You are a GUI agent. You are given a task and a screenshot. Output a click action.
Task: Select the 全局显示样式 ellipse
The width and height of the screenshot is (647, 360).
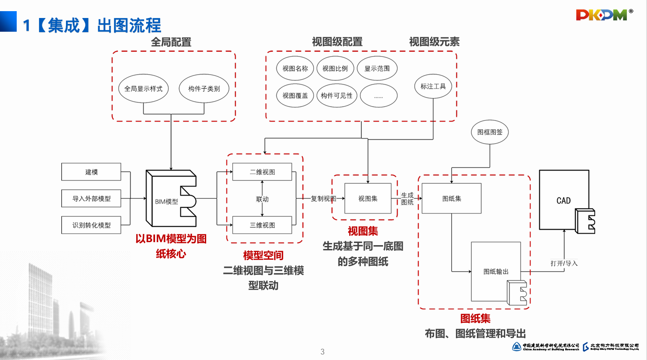tap(144, 89)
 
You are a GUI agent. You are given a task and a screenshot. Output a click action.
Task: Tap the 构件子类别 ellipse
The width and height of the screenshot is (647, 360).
tap(204, 89)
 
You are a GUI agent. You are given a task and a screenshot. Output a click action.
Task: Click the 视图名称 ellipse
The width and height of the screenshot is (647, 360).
tap(295, 69)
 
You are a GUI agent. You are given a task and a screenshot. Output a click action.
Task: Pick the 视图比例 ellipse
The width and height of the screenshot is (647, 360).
tap(335, 69)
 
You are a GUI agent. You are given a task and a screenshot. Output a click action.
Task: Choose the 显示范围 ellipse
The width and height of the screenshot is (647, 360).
tap(377, 69)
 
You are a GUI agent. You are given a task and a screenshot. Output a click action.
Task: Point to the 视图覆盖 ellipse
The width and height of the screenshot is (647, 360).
tap(295, 96)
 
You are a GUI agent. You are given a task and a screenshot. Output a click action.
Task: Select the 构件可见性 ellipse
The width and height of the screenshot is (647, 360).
tap(337, 96)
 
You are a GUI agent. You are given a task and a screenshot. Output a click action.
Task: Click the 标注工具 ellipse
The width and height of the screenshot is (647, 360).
tap(433, 86)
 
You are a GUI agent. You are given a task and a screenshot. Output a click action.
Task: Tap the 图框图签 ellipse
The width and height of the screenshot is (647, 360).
tap(490, 132)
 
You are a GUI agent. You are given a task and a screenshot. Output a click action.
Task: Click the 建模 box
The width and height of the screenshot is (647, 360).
tap(91, 172)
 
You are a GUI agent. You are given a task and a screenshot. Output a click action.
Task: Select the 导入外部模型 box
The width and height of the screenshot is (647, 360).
tap(91, 198)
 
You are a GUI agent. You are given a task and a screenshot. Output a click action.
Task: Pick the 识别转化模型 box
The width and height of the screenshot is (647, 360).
tap(91, 225)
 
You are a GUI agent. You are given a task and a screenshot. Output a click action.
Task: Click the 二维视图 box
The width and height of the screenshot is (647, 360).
tap(262, 172)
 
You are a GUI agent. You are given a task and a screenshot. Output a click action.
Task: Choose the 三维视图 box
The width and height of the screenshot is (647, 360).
tap(262, 225)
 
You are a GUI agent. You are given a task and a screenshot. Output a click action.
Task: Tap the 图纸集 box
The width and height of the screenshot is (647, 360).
tap(452, 198)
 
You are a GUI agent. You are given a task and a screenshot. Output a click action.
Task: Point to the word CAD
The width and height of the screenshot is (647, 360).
tap(563, 201)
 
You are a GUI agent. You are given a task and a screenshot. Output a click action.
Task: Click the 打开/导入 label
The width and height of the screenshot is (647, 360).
tap(564, 263)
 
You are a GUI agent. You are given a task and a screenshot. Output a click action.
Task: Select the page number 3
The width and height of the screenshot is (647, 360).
tap(323, 352)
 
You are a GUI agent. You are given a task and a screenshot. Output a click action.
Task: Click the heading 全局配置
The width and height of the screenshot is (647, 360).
tap(171, 42)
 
